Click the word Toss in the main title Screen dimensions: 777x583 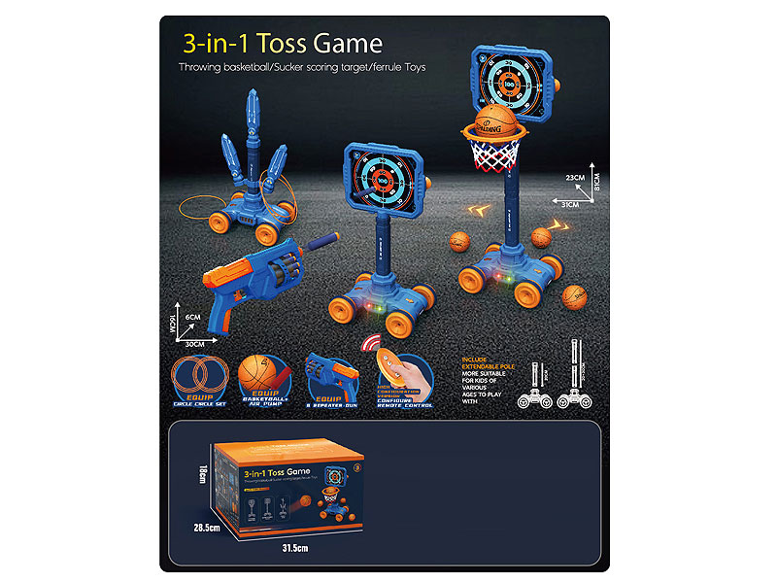coord(282,44)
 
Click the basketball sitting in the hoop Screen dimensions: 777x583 coord(496,123)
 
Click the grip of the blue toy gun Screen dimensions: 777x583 coord(220,308)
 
